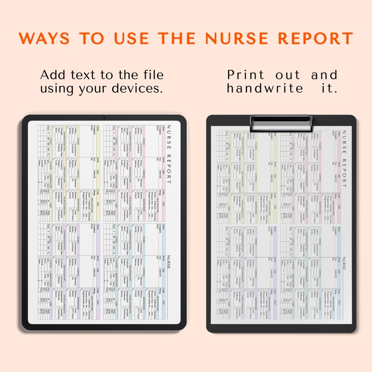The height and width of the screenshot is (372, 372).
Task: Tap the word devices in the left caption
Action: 141,88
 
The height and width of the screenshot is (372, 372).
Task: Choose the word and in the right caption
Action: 324,75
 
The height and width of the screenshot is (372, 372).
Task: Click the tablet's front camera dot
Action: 104,117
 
